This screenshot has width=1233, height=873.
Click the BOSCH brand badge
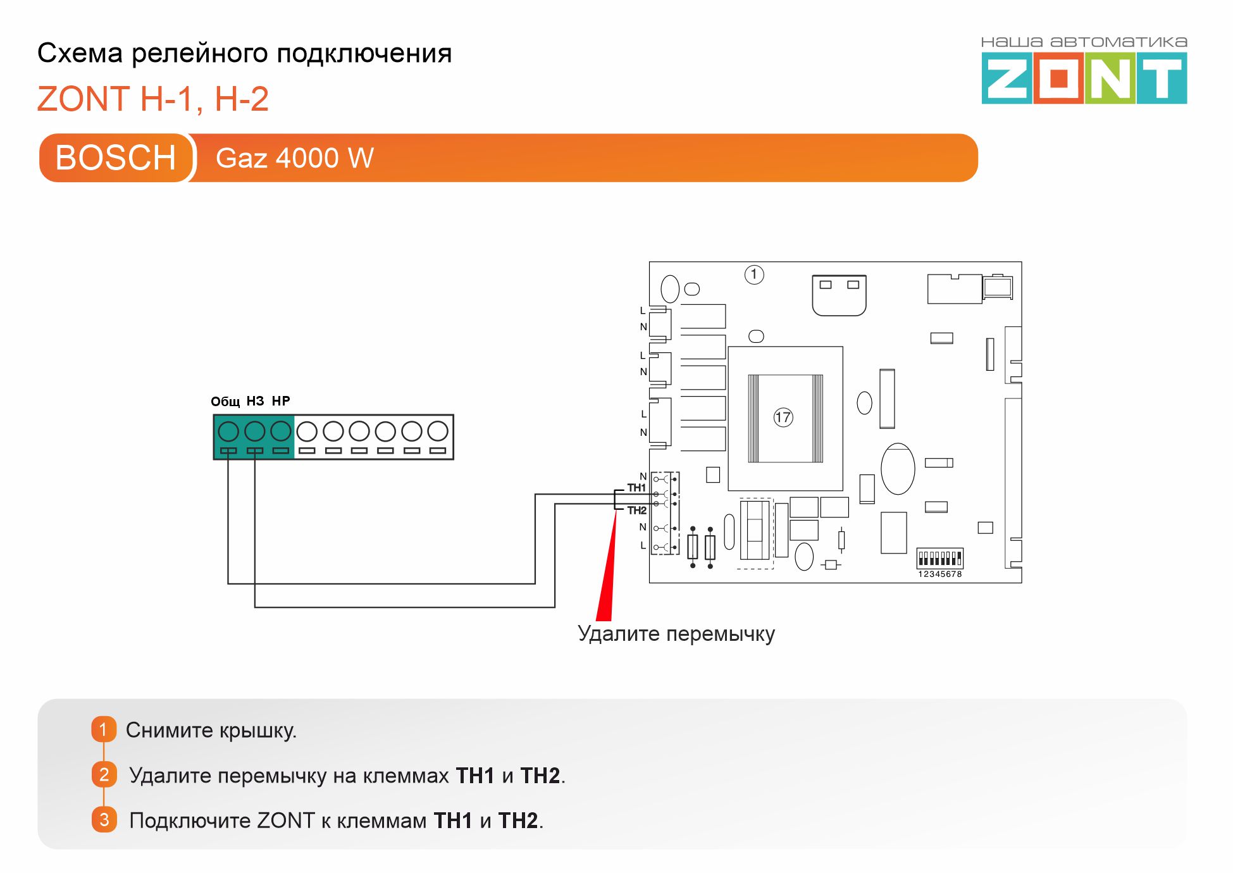[x=115, y=158]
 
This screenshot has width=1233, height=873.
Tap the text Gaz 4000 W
[x=295, y=158]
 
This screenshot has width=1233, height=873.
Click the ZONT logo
[x=1084, y=78]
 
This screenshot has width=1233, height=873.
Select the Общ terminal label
[x=225, y=402]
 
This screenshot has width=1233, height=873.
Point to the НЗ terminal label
[x=255, y=401]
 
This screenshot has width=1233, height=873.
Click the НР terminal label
[x=281, y=401]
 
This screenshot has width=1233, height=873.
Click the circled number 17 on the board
[x=783, y=417]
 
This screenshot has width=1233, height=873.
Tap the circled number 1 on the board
[x=754, y=275]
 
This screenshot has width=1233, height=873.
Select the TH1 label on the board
[x=636, y=488]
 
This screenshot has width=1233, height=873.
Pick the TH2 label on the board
[x=636, y=511]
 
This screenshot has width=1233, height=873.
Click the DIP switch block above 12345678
[x=939, y=558]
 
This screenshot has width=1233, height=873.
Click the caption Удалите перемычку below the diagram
[x=676, y=634]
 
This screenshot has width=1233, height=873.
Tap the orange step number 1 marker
[x=104, y=729]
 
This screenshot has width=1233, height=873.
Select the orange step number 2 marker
[x=104, y=774]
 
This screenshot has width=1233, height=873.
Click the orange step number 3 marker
[x=104, y=820]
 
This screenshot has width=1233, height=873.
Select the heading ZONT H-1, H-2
[x=153, y=99]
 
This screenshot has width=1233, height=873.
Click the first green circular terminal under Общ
[x=228, y=431]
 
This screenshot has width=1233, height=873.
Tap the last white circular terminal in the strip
[x=438, y=431]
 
